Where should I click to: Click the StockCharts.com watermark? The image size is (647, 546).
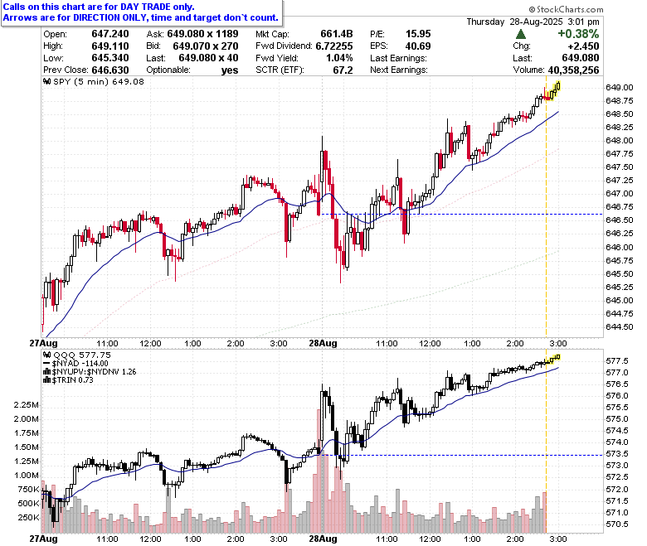566,9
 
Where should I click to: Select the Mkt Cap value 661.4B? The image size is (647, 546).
336,34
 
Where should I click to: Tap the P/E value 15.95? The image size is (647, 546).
418,34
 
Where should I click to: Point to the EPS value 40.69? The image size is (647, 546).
418,46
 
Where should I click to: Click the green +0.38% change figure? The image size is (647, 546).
578,34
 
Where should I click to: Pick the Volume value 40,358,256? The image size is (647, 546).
573,70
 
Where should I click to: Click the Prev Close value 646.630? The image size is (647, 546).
110,70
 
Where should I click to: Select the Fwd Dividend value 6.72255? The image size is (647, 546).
334,46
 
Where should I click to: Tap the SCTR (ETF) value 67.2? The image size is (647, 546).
343,70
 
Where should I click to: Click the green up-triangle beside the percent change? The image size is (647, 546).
521,34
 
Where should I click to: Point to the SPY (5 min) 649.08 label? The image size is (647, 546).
94,81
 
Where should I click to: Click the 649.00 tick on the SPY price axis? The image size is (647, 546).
620,87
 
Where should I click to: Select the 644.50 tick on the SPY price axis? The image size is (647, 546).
620,326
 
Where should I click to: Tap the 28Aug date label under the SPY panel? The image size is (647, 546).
323,343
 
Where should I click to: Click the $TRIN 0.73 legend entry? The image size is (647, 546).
69,380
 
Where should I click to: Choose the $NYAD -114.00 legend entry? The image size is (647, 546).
75,364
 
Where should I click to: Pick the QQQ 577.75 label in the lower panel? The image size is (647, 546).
77,355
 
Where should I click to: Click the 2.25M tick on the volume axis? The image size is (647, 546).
27,405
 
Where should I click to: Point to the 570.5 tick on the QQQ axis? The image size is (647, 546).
617,524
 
